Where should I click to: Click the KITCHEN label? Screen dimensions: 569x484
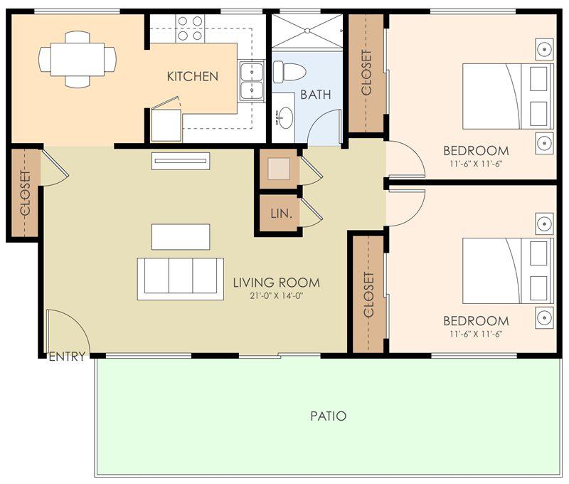(x=192, y=76)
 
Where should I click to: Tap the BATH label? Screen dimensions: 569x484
(x=316, y=95)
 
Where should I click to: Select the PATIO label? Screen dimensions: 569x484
(x=329, y=416)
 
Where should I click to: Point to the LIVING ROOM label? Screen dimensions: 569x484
(x=277, y=283)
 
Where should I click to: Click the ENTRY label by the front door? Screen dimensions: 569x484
(x=67, y=357)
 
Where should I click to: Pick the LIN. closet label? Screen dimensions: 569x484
(x=281, y=214)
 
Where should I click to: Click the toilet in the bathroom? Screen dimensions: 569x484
(x=289, y=71)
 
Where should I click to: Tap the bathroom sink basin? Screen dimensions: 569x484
(x=286, y=117)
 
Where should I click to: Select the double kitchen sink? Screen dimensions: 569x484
(x=252, y=81)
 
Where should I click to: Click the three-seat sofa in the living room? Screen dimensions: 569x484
(x=181, y=279)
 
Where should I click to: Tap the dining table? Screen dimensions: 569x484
(x=78, y=60)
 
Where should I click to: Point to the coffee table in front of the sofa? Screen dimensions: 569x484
(x=181, y=237)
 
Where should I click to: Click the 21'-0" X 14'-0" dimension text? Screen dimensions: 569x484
(x=277, y=295)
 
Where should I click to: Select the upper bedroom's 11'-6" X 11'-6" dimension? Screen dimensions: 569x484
(x=476, y=164)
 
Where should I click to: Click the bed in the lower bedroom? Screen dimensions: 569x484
(x=508, y=270)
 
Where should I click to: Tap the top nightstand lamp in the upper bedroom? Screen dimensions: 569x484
(x=545, y=48)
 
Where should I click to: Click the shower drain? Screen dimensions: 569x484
(x=308, y=31)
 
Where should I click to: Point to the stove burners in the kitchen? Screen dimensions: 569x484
(x=190, y=28)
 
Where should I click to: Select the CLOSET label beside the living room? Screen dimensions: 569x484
(x=26, y=192)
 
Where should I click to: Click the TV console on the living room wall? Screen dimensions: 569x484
(x=181, y=160)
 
